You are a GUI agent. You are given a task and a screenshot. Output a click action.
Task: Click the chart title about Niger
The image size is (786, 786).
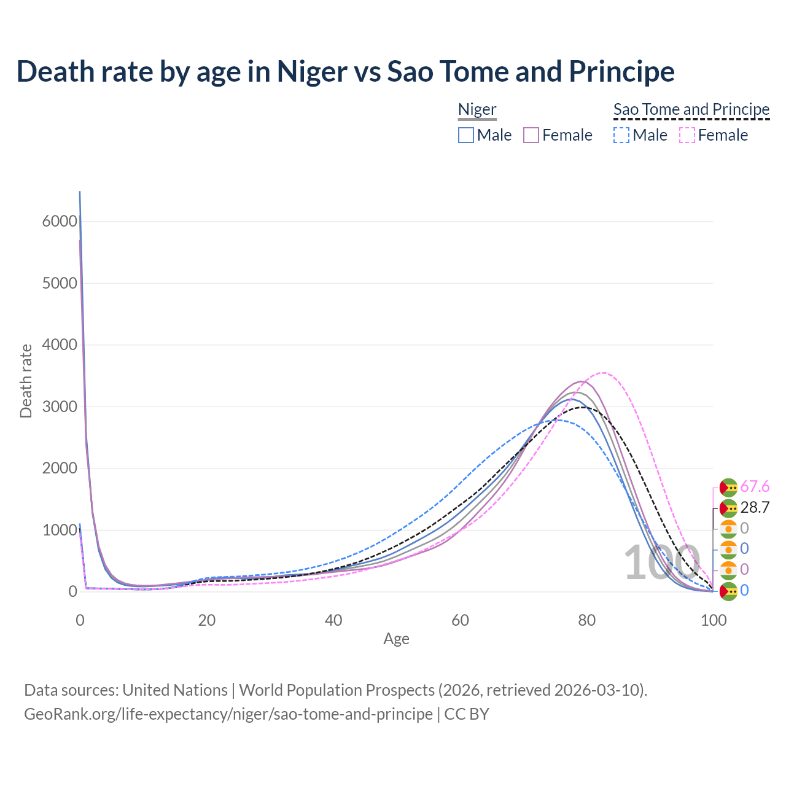[345, 71]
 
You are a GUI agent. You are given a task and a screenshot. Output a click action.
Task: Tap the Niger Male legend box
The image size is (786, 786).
[466, 135]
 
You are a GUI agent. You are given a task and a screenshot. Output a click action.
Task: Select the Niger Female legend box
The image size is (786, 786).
[531, 135]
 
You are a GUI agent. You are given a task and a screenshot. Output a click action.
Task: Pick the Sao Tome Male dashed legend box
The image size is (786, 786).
[621, 135]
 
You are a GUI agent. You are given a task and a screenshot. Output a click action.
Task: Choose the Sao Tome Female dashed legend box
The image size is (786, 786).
[687, 135]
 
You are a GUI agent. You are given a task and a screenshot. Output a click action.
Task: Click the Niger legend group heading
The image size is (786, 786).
[477, 110]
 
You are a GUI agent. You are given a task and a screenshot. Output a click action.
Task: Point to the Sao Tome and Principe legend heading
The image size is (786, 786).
[691, 110]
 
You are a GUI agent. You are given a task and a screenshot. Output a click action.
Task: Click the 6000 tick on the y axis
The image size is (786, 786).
[60, 222]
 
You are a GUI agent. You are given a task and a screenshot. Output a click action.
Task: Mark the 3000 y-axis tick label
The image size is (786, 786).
[60, 407]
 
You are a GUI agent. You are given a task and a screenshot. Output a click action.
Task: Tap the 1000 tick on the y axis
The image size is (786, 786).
[60, 530]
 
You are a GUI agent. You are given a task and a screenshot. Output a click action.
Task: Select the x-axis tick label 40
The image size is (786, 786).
[333, 620]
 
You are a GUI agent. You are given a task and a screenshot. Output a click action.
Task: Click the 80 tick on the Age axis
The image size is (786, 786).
[587, 620]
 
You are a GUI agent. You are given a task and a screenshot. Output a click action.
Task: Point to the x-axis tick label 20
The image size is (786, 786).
[207, 620]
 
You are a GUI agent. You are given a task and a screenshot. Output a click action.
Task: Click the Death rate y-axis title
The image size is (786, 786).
[26, 381]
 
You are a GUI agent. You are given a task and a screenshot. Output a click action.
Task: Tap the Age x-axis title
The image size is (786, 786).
[396, 639]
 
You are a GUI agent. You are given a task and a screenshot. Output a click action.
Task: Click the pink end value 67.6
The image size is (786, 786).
[755, 487]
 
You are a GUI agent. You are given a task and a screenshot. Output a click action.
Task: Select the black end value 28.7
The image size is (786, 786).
[755, 508]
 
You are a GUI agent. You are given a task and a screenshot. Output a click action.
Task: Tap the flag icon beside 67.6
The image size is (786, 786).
[728, 488]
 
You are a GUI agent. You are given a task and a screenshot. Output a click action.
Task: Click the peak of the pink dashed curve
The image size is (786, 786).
[603, 373]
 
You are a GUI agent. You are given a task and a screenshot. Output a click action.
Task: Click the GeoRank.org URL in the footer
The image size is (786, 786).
[228, 714]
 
